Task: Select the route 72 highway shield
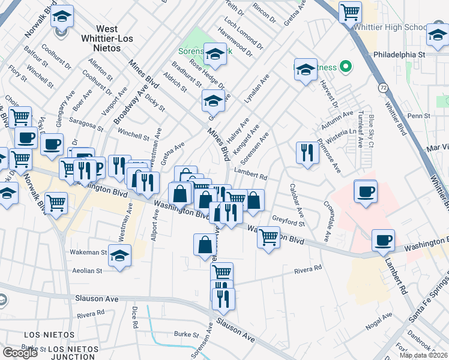click(x=382, y=88)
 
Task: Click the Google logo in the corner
click(x=20, y=353)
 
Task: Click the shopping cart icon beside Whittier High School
click(x=350, y=11)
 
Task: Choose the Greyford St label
click(x=289, y=221)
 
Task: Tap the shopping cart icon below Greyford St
click(x=268, y=238)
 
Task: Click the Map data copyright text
click(x=423, y=355)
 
